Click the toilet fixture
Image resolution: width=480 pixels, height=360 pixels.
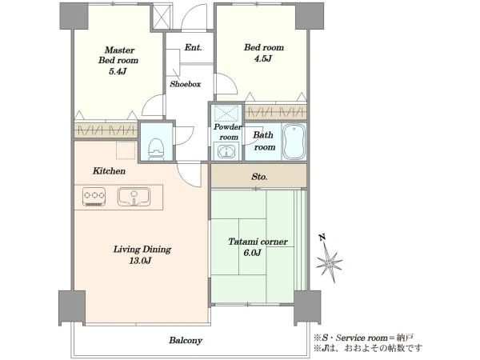coord(157,149)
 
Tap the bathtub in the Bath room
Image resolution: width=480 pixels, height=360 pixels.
coord(294,142)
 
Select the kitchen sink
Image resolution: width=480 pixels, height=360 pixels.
coord(134,197)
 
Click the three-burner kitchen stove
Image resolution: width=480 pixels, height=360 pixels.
coord(94,196)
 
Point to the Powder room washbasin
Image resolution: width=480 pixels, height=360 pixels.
coord(226,151)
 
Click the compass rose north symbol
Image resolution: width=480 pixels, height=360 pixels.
coord(328,259)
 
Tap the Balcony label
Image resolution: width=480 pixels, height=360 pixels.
coord(186,341)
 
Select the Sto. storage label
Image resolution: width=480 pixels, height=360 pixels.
coord(259,177)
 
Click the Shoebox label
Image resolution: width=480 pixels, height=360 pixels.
coord(186,84)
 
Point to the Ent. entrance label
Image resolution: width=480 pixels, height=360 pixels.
coord(193,47)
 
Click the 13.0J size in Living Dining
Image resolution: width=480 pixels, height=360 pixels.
coord(141,261)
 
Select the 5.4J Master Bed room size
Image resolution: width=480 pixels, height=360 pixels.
coord(118,71)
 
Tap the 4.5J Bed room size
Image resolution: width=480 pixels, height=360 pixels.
coord(263,58)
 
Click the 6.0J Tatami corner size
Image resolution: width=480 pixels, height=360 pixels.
coord(252,253)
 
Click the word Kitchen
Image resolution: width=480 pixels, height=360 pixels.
coord(109,171)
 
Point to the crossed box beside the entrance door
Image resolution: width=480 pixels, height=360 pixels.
coord(162,17)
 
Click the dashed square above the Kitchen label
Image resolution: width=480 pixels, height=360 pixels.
coord(126,150)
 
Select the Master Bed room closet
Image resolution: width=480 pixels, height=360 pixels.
coord(106,130)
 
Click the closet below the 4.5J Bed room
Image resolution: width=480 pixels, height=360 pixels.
coord(275,112)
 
